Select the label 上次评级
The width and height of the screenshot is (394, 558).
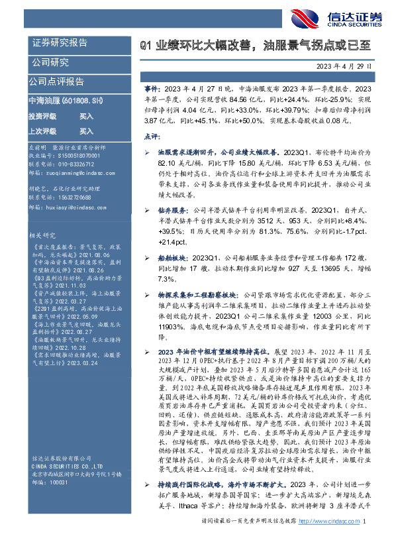coord(42,131)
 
